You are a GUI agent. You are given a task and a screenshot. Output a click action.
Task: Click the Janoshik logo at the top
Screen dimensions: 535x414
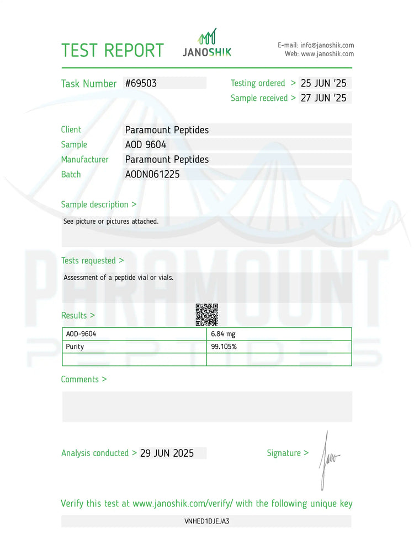[x=207, y=44]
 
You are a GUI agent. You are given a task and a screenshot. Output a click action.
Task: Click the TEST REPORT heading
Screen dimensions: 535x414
[x=113, y=50]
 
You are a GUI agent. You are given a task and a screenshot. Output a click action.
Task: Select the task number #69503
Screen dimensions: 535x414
[x=141, y=83]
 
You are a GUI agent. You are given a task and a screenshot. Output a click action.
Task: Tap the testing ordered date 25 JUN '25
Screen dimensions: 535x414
[x=323, y=83]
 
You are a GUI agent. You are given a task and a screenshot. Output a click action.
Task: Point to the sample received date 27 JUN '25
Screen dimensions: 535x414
[x=323, y=98]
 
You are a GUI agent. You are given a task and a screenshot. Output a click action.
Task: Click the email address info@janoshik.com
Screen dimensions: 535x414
[x=327, y=45]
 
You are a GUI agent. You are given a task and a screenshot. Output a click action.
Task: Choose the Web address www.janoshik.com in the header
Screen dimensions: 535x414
[x=327, y=54]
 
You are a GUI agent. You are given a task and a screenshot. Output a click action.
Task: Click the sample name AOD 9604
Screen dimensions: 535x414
[x=146, y=145]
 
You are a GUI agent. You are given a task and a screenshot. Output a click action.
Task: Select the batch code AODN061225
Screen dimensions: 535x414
[x=152, y=175]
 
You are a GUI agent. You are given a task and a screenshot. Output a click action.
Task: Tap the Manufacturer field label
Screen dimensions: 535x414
[x=84, y=160]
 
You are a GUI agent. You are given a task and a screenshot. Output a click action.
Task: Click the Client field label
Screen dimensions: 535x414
[x=71, y=130]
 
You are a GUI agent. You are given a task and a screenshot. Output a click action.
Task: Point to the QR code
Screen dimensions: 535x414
[x=206, y=315]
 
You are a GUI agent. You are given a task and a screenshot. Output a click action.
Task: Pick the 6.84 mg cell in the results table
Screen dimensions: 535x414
[x=223, y=334]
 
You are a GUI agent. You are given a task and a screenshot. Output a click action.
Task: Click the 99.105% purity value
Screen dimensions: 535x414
[x=224, y=347]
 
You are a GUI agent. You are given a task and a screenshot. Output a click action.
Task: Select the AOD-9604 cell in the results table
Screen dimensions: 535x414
[x=77, y=334]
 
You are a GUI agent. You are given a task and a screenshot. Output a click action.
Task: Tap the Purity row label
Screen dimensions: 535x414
[x=75, y=347]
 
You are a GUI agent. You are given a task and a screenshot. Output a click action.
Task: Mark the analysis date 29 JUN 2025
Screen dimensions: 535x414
[x=167, y=453]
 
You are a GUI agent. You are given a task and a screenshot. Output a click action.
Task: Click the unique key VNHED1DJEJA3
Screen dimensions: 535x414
[x=206, y=521]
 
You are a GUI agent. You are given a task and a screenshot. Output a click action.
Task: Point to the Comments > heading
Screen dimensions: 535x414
[x=83, y=380]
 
